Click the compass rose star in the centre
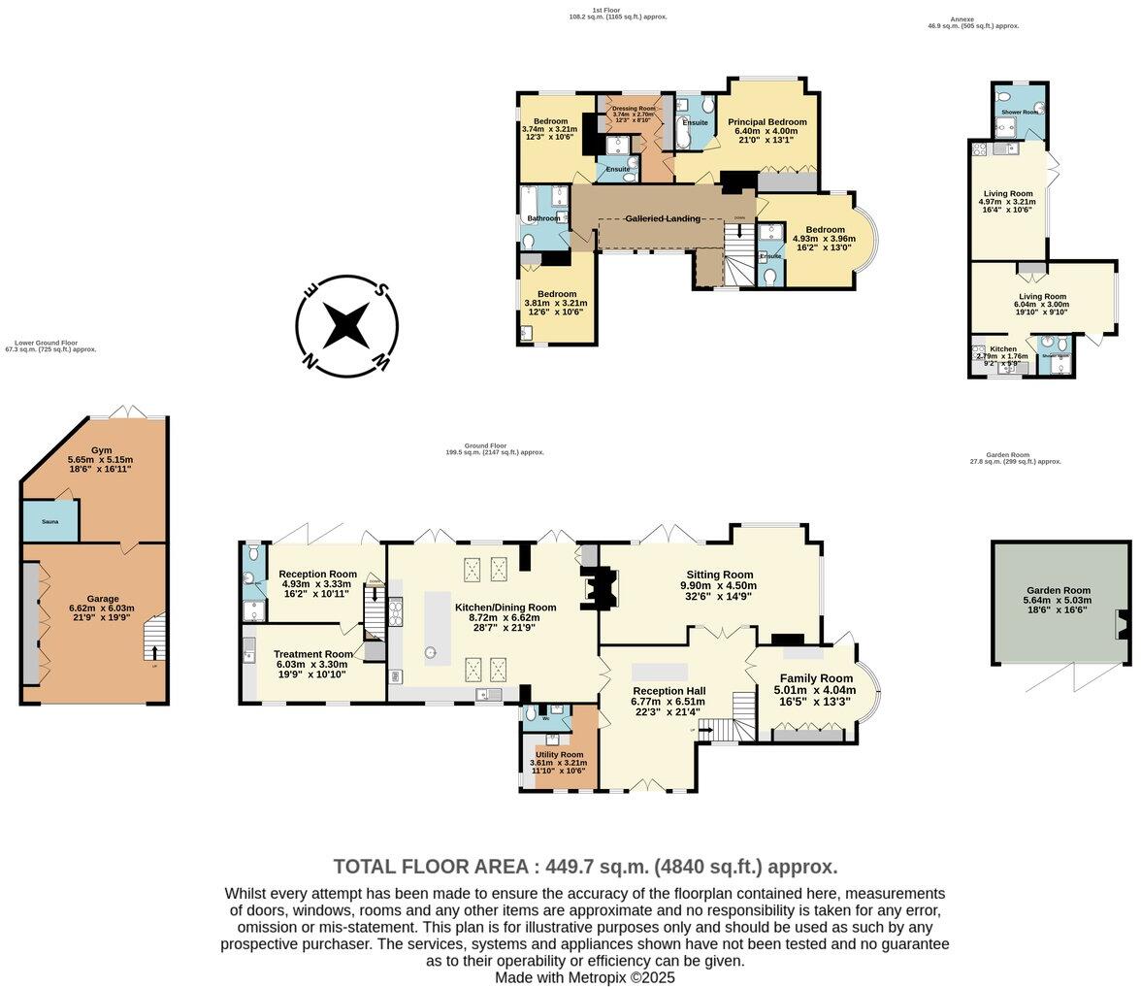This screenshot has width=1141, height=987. (x=346, y=324)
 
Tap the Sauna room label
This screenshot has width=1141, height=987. (x=50, y=521)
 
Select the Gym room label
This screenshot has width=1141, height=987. (x=102, y=450)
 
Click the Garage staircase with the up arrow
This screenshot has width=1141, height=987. (x=153, y=640)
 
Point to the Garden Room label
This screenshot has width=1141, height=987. (x=1059, y=590)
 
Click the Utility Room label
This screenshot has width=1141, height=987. (x=559, y=754)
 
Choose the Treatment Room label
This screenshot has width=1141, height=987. (x=312, y=654)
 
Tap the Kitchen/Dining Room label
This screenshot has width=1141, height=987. (x=505, y=608)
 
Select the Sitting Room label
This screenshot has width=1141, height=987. (x=717, y=575)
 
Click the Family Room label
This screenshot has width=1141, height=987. (x=814, y=678)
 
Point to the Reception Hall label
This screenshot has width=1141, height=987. (x=668, y=690)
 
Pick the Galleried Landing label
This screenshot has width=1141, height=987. (x=663, y=218)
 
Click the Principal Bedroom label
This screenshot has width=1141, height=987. (x=766, y=122)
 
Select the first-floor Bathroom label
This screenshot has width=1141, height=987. (x=544, y=218)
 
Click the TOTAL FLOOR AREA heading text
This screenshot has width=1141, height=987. (x=584, y=867)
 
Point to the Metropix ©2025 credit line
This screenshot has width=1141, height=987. (x=584, y=977)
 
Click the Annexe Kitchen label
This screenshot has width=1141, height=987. (x=1003, y=348)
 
